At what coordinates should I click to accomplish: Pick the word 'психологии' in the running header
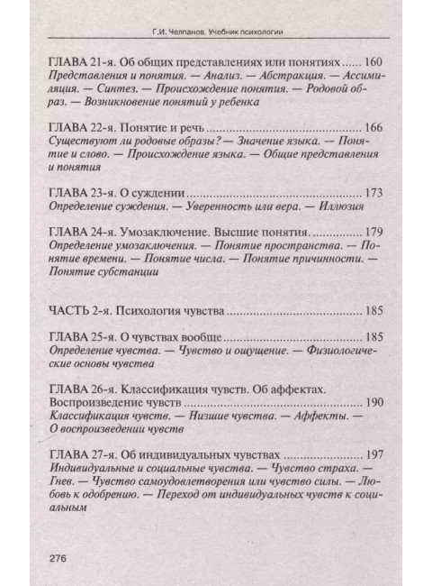tap(259, 31)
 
